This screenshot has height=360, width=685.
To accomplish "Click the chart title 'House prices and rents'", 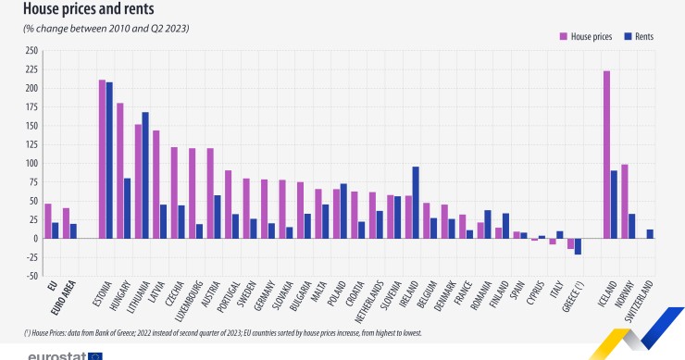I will pos(88,10).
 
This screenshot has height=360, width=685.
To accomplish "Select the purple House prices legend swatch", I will pos(563,36).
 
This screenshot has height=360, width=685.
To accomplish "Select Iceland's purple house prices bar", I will pos(606,155).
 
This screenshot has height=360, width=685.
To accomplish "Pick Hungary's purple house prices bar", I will pos(120,170).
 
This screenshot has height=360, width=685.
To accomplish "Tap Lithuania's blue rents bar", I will pos(144,175).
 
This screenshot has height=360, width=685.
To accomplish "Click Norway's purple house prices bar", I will pos(624,201).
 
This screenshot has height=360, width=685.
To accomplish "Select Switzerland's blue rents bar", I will pos(649,234).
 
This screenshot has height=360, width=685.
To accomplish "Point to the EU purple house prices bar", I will pos(48,221).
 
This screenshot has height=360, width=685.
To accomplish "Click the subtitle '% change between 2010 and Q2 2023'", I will pos(106,29).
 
